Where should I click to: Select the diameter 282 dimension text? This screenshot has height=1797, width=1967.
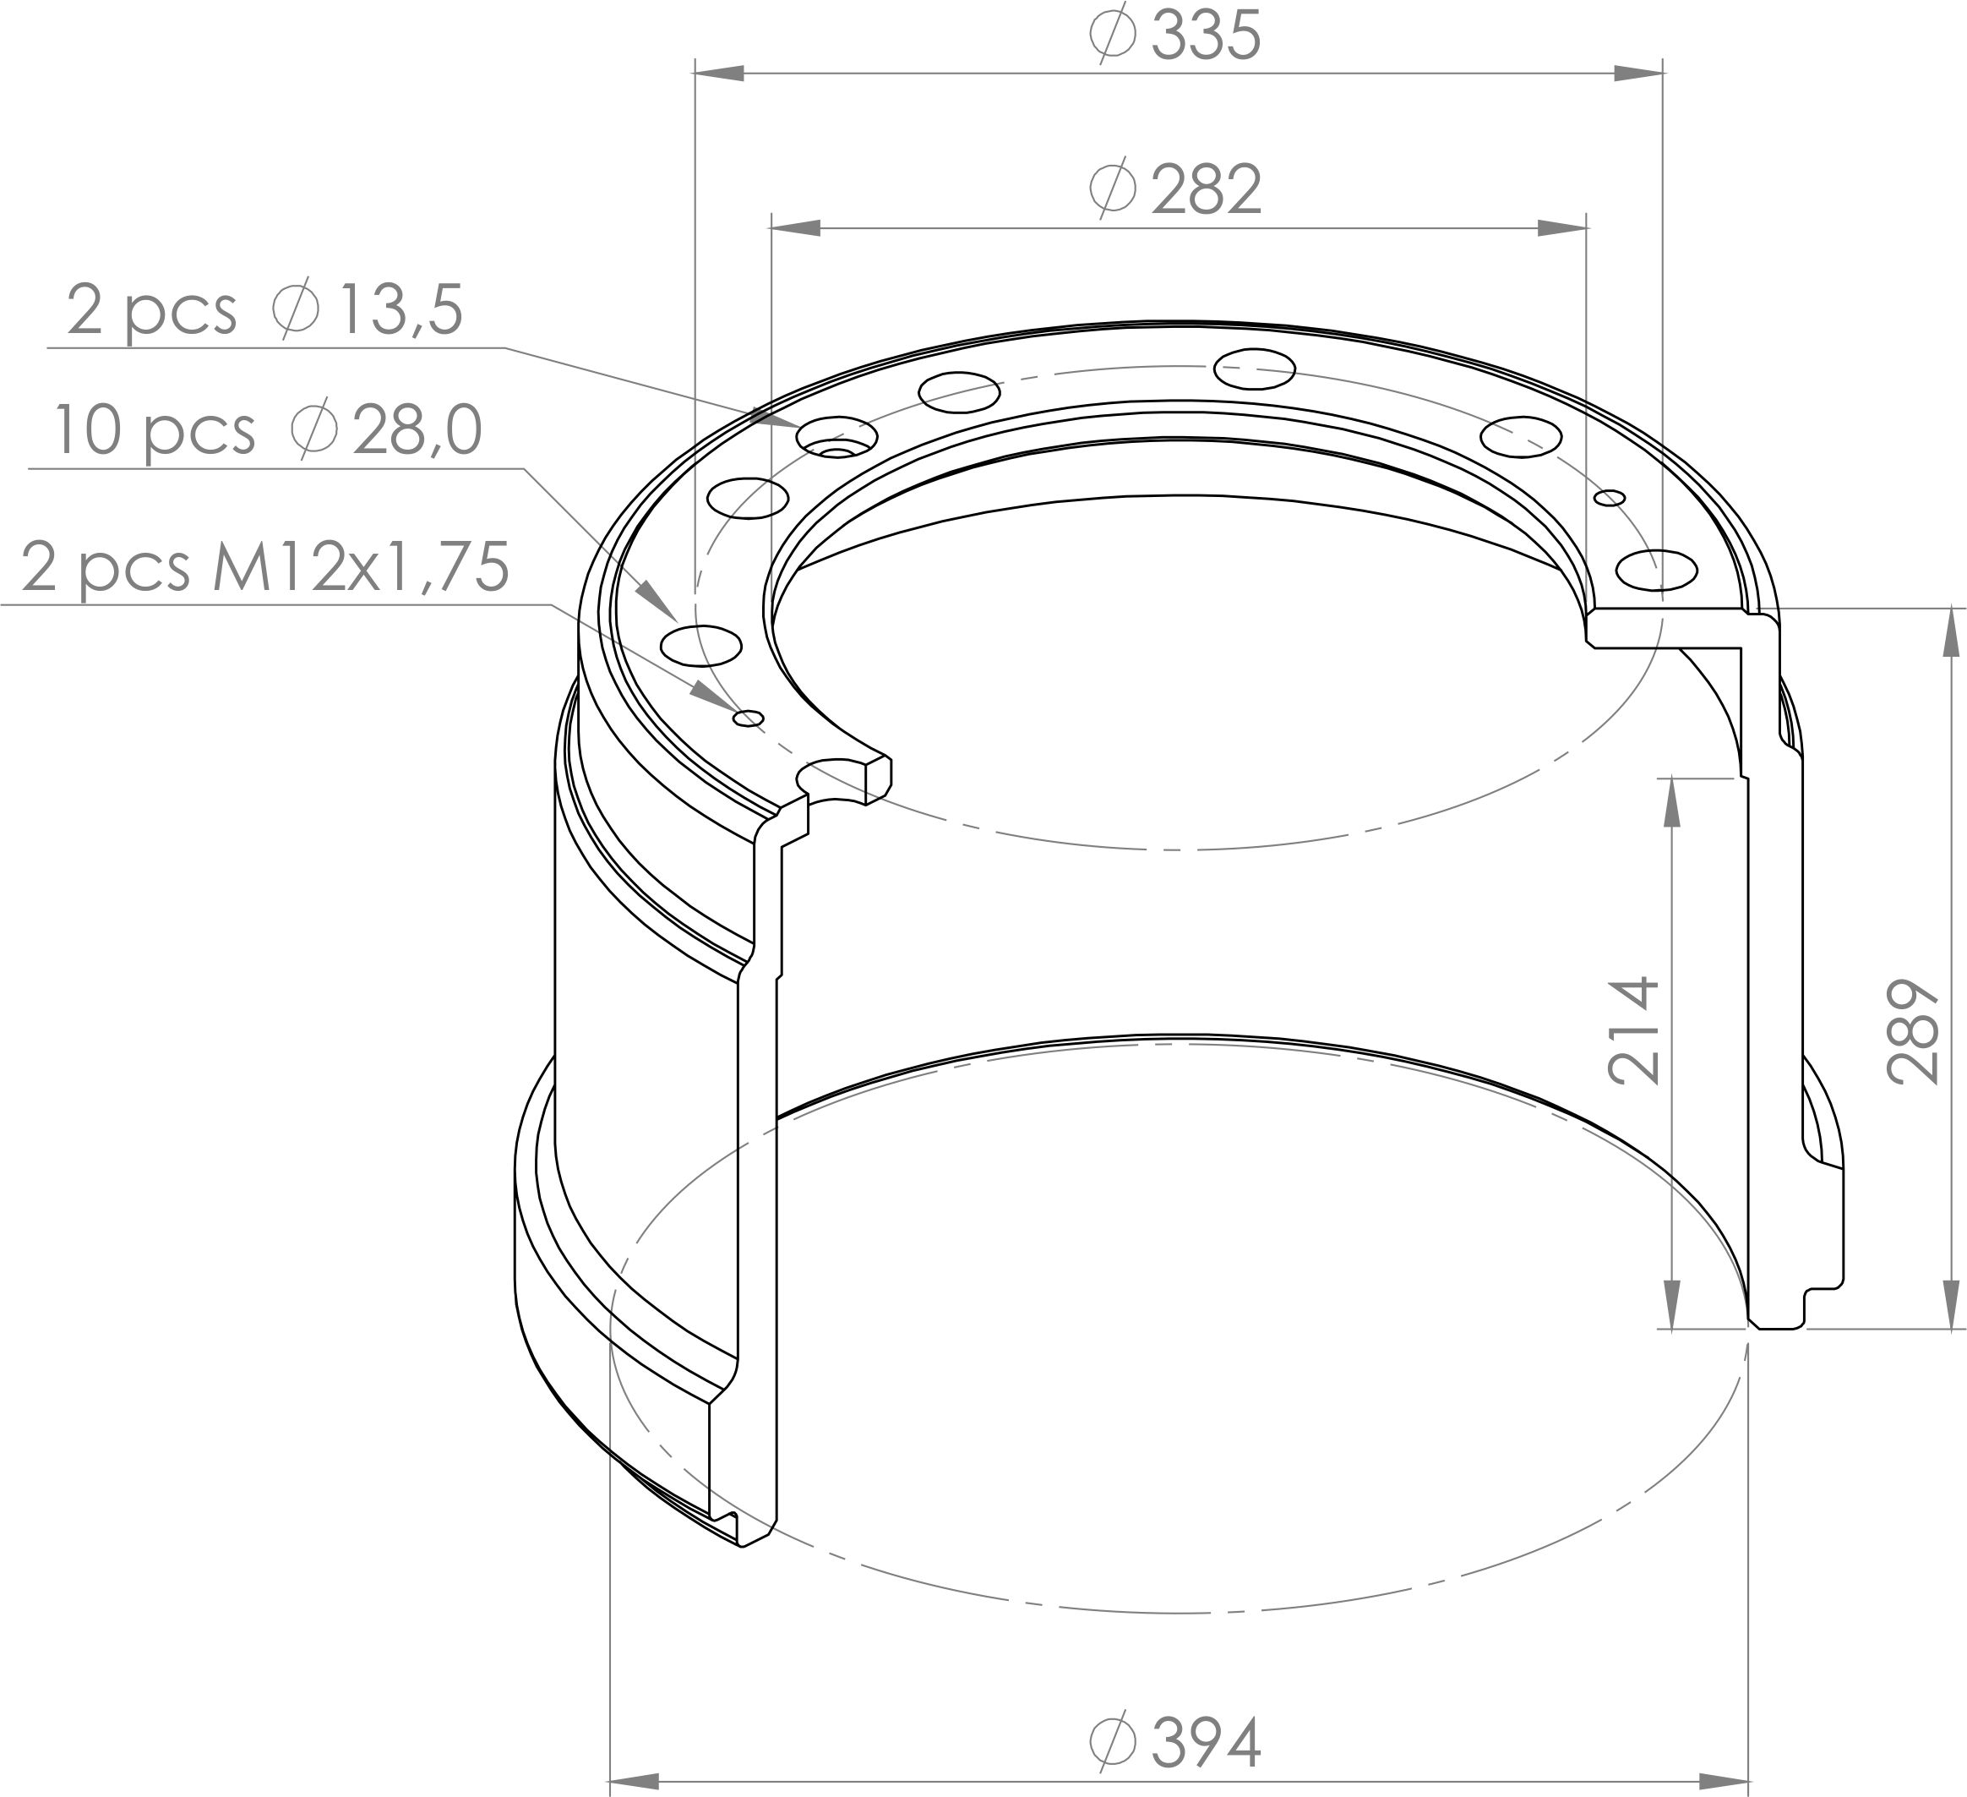[x=1175, y=189]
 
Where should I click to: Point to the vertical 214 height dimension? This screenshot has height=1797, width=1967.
[x=1633, y=1030]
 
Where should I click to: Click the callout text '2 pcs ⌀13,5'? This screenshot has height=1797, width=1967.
[x=264, y=310]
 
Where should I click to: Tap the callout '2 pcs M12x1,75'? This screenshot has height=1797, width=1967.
[x=265, y=566]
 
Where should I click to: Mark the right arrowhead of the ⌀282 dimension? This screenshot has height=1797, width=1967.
[x=1562, y=228]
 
